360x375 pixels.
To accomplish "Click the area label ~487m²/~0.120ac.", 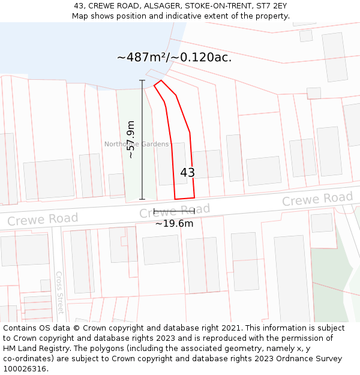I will pos(174,58).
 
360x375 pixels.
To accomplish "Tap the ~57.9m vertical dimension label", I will pos(131,139).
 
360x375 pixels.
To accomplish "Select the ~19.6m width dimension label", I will pos(174,224).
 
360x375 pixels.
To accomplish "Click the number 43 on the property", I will pos(187,173).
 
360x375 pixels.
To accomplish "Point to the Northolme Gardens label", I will pos(136,144).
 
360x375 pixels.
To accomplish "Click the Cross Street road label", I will pos(59,292).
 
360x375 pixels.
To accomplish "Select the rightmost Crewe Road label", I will pos(317,199).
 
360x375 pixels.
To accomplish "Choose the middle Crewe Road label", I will pos(175,211).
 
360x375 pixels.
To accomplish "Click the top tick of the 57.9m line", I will pos(142,80).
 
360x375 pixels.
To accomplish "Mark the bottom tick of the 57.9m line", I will pos(142,199).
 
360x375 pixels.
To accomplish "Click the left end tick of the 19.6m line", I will pos(154,212).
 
